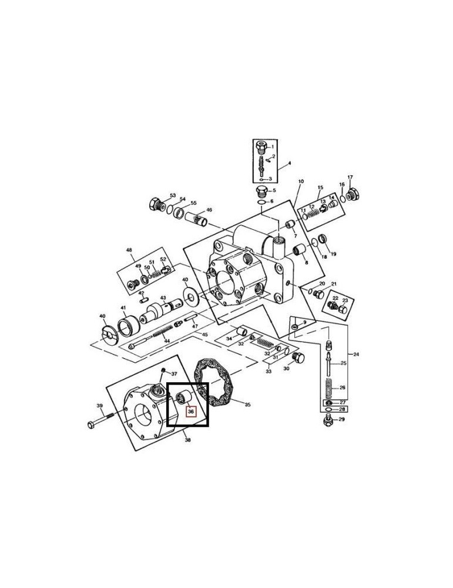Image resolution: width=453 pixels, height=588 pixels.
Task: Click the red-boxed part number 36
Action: [x=190, y=412]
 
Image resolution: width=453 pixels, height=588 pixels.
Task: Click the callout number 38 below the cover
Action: [x=187, y=440]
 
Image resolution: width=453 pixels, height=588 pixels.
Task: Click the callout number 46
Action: [x=209, y=210]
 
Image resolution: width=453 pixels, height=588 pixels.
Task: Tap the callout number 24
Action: [x=356, y=354]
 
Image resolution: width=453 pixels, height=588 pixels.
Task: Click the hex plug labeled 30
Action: [x=298, y=358]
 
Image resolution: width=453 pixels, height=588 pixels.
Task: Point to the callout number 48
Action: [x=129, y=250]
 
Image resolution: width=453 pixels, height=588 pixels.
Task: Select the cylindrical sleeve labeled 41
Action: [x=127, y=325]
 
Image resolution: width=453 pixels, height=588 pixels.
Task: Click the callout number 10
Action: [x=300, y=182]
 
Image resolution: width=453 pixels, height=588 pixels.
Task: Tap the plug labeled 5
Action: [x=263, y=191]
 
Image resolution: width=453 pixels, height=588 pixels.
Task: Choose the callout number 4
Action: [x=289, y=163]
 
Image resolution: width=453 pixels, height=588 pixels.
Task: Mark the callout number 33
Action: [x=269, y=371]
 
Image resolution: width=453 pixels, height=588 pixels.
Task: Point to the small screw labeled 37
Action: [x=164, y=370]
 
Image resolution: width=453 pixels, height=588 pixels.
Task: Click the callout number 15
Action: [x=320, y=188]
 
